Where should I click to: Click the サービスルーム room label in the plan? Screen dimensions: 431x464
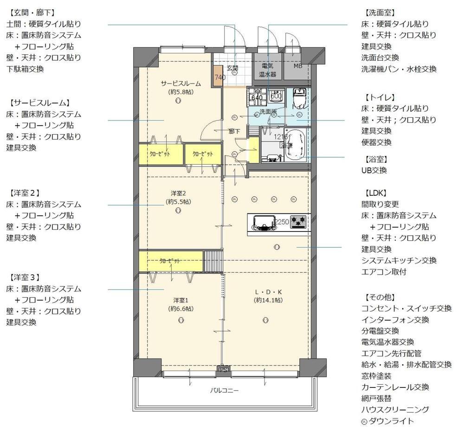180,84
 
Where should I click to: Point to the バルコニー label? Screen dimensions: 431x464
225,391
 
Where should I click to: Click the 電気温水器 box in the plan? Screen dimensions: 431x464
268,70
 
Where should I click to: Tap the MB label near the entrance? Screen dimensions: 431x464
297,66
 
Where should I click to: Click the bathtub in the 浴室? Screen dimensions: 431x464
294,145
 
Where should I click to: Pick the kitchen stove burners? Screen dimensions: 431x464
299,221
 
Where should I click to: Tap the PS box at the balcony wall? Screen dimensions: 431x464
224,370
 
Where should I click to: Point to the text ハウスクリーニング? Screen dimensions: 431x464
395,410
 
